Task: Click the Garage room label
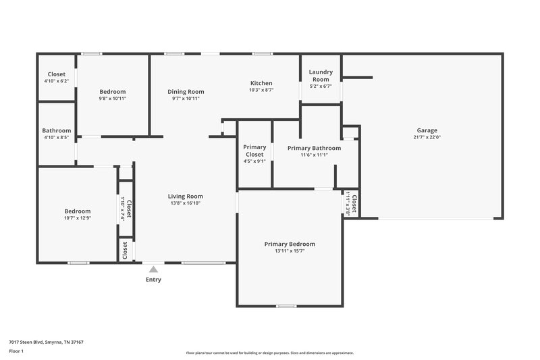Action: (427, 130)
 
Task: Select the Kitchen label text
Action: (261, 83)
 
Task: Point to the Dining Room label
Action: (186, 92)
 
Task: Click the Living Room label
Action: (186, 197)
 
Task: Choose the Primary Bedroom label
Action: (290, 244)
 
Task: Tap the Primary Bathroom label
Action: (314, 148)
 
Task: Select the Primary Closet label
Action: (254, 151)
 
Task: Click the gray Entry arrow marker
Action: (153, 269)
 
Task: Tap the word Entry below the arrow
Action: (153, 280)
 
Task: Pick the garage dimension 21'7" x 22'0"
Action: (427, 137)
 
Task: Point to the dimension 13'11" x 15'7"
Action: (290, 251)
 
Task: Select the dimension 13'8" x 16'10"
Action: (186, 203)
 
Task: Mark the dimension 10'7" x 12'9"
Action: (78, 217)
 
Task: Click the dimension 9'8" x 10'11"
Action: (113, 99)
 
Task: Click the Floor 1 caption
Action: (16, 352)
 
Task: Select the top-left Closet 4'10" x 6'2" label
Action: (57, 78)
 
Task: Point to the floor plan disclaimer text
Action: (270, 353)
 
